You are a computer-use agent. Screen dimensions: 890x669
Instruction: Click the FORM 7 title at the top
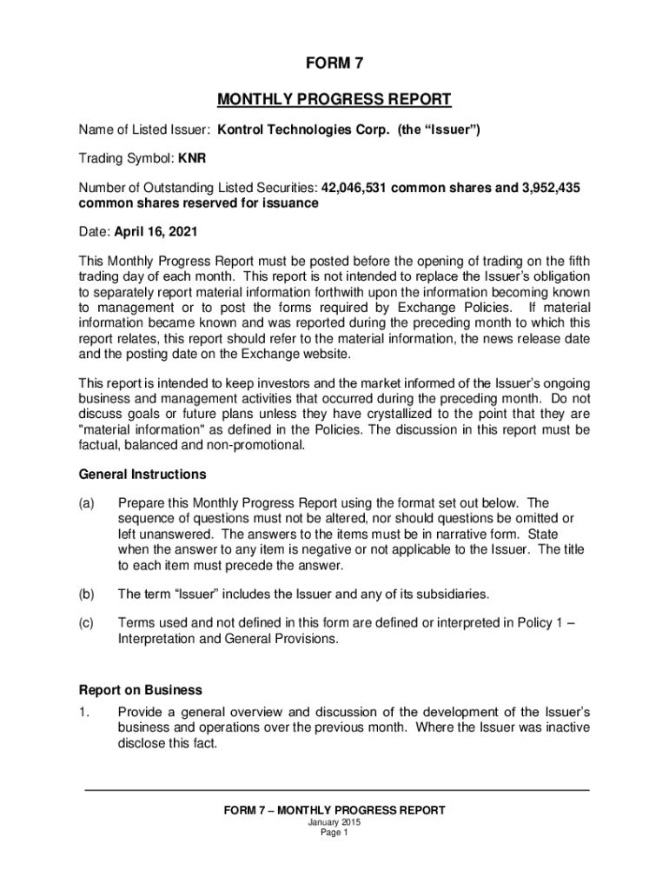334,64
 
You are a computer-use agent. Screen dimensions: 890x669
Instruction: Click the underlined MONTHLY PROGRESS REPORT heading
334,99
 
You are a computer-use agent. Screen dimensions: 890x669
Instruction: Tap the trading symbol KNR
192,159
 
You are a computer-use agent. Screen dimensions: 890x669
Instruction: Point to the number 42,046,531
356,188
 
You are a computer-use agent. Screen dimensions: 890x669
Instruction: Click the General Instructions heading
142,475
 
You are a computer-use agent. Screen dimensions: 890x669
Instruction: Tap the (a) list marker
87,503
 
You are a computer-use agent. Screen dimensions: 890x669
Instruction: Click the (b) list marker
87,594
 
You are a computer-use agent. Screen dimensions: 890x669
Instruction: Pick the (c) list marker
87,623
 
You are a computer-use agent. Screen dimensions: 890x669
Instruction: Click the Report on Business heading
141,690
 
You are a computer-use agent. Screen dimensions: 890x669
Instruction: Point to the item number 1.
83,712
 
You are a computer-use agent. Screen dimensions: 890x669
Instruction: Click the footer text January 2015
334,822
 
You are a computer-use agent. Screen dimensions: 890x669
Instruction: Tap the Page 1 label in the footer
334,833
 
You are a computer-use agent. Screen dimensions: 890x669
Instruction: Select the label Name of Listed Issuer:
144,130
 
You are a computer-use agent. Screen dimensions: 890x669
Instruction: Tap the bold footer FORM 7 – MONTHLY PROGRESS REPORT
334,810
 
